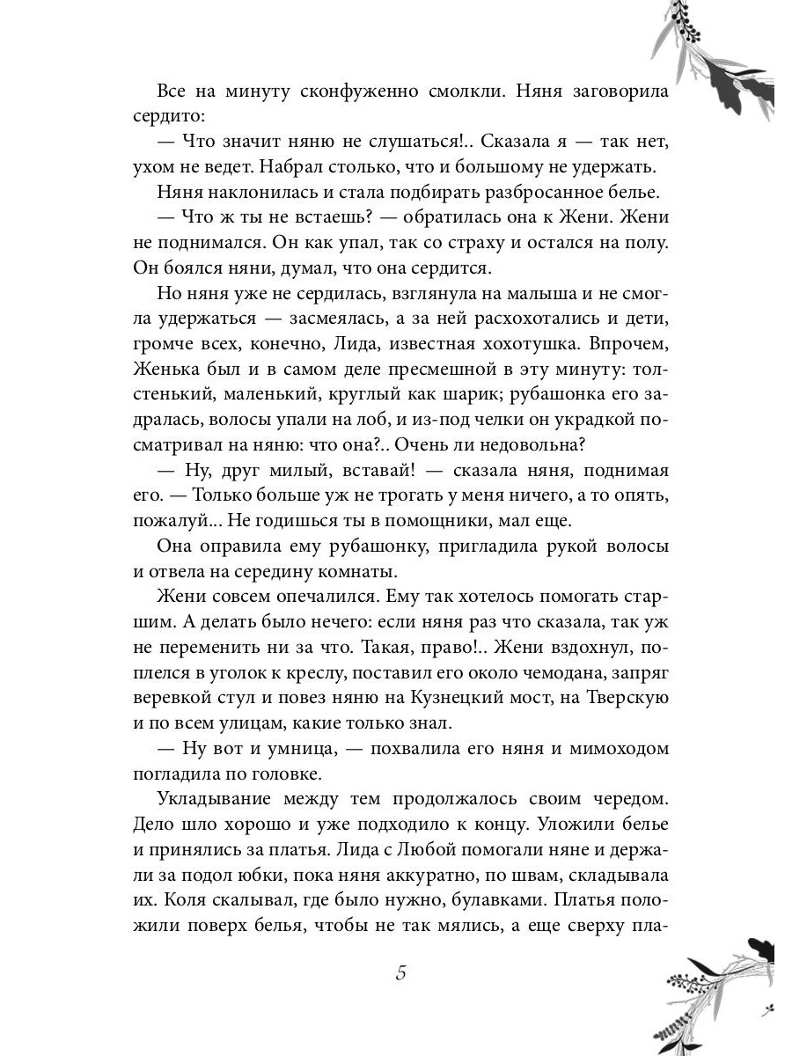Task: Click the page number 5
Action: (401, 973)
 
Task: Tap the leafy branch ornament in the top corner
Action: (722, 62)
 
